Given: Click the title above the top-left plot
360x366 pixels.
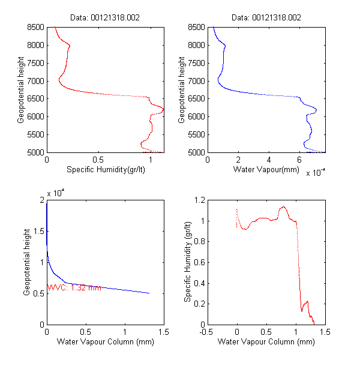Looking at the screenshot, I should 104,17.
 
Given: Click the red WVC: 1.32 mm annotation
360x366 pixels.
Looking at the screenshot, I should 75,287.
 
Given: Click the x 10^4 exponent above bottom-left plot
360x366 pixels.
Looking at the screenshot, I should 55,191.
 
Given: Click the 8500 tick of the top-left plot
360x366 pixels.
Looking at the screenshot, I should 35,27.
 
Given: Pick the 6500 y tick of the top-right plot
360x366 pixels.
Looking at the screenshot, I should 196,98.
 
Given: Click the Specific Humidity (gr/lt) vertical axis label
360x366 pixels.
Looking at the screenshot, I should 188,262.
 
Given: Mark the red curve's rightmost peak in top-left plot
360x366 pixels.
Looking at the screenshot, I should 163,109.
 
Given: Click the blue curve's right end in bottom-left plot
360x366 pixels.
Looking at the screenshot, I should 149,293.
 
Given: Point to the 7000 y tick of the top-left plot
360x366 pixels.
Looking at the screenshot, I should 35,80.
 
